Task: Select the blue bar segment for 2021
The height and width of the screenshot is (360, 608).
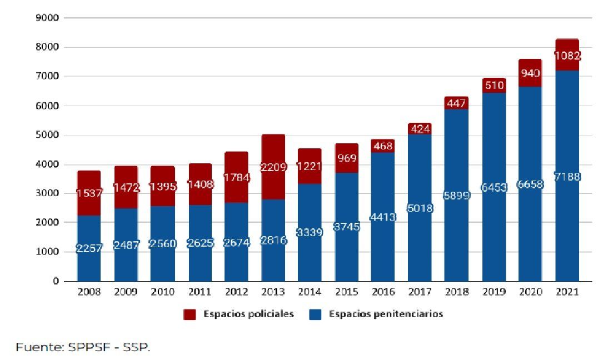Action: (x=567, y=233)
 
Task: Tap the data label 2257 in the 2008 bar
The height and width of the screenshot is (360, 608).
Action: (x=89, y=248)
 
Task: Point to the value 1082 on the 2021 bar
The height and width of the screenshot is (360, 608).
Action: (x=567, y=56)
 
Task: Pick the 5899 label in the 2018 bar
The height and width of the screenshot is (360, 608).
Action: (x=456, y=196)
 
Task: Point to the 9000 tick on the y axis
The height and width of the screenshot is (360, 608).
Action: (x=48, y=18)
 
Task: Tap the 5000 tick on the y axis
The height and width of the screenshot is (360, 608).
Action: (x=48, y=135)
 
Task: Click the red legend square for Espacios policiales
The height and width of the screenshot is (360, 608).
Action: (x=190, y=314)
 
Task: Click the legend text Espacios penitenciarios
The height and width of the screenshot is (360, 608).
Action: (x=386, y=314)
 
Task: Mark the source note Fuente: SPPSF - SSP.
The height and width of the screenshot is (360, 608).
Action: (x=83, y=347)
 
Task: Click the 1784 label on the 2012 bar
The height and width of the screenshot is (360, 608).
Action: (x=236, y=178)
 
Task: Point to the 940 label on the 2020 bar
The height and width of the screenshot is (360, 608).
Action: (x=530, y=73)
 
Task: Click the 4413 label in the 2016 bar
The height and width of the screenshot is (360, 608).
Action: (x=383, y=217)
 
